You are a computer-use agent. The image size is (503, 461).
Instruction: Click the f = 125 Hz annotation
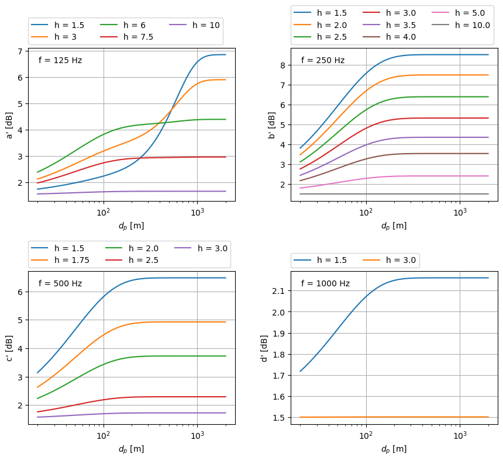[60, 60]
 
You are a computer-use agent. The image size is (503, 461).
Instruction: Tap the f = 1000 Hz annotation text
[325, 283]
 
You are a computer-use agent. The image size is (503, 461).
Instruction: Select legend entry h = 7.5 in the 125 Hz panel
[138, 37]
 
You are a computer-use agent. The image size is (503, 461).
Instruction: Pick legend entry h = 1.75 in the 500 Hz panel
[72, 260]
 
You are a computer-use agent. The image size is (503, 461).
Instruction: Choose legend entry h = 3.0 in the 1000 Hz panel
[401, 260]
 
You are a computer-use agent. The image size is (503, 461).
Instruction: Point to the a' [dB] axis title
[10, 124]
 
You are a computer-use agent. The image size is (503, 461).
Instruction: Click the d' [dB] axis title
[264, 348]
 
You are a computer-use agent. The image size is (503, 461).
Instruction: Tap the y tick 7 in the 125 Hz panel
[20, 51]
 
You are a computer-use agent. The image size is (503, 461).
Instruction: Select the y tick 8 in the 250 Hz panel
[282, 65]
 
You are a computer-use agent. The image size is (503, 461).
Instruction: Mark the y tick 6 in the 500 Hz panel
[20, 292]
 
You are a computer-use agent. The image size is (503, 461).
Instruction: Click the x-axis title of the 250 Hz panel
[394, 226]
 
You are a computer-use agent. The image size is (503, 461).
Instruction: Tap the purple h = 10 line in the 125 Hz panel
[146, 191]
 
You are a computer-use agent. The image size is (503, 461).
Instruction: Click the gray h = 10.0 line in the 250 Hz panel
[409, 194]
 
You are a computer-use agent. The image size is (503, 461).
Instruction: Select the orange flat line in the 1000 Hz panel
[409, 417]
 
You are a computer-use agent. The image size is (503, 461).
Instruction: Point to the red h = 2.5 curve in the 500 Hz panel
[146, 397]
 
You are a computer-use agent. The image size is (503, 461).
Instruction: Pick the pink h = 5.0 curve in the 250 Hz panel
[409, 176]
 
